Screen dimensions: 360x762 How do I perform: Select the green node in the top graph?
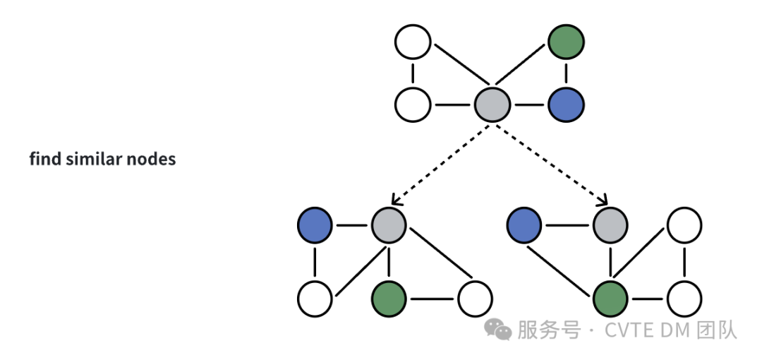[566, 42]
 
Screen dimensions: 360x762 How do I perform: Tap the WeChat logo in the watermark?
[498, 329]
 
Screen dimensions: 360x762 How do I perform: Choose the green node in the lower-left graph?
[389, 299]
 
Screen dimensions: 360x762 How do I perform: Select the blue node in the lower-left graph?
[315, 226]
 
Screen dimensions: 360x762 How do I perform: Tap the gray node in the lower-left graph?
[389, 226]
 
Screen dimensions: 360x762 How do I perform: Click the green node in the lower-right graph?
[610, 299]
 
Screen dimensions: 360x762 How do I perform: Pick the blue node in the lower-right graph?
[524, 226]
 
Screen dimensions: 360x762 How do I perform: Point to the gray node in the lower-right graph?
[610, 226]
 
